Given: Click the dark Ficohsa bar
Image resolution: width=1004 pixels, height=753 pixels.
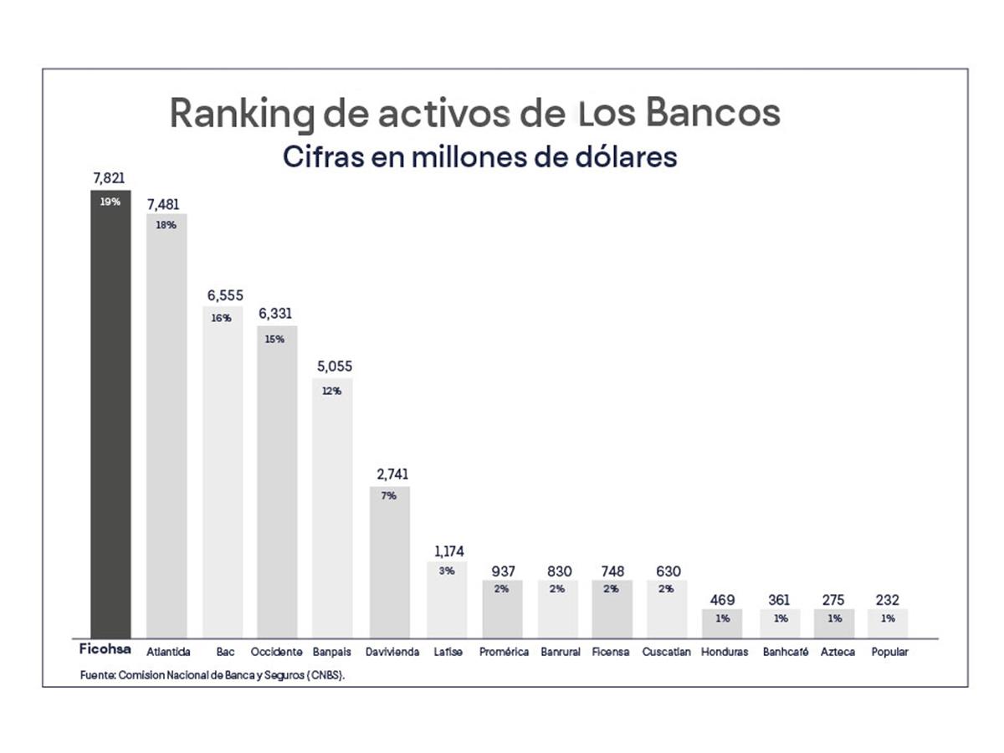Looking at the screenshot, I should pyautogui.click(x=110, y=418).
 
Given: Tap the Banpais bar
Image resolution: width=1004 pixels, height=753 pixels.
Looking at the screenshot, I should pyautogui.click(x=332, y=510).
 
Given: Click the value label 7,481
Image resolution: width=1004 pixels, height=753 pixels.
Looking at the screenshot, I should pyautogui.click(x=163, y=205).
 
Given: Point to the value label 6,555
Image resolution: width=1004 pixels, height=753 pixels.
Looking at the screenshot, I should pyautogui.click(x=223, y=297).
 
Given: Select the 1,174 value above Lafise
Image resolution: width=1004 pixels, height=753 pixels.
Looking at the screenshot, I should pyautogui.click(x=448, y=551).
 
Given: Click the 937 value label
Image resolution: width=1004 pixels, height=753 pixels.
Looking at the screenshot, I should pyautogui.click(x=502, y=571).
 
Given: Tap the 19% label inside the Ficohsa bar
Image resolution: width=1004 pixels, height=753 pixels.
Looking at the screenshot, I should pyautogui.click(x=110, y=202).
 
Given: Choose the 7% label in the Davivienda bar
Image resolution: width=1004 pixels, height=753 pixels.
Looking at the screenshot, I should pyautogui.click(x=388, y=495).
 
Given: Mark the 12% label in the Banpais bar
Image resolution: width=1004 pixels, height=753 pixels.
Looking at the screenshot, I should pyautogui.click(x=331, y=391).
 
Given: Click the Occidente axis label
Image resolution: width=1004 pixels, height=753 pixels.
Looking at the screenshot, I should pyautogui.click(x=277, y=652).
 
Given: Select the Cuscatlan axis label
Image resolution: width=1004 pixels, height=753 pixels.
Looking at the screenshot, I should pyautogui.click(x=667, y=652).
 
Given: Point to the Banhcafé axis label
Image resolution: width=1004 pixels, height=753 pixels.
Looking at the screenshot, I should pyautogui.click(x=785, y=652).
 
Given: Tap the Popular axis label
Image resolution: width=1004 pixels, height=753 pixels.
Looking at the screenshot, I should pyautogui.click(x=889, y=652).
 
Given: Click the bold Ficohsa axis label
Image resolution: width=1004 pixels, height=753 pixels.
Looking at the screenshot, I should pyautogui.click(x=105, y=649).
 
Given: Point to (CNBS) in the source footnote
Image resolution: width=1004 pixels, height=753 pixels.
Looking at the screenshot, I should pyautogui.click(x=326, y=674).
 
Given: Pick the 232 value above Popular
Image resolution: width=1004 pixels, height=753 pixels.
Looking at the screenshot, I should pyautogui.click(x=887, y=600).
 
